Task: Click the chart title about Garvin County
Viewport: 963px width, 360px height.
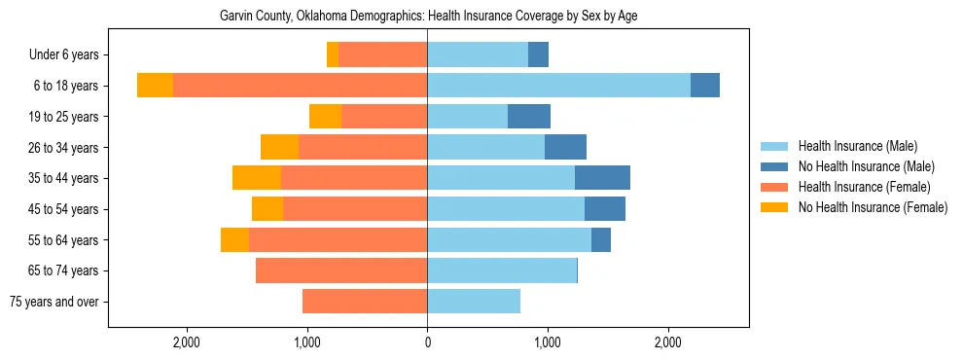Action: click(428, 17)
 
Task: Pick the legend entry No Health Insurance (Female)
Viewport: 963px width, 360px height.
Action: click(873, 207)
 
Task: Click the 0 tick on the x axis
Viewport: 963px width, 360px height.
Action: click(427, 342)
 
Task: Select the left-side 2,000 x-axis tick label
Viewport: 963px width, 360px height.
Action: click(186, 342)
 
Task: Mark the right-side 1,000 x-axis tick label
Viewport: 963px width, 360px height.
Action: click(548, 342)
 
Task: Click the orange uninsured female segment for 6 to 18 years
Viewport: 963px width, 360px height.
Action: click(155, 86)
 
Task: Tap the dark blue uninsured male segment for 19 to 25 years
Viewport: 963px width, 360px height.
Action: click(529, 117)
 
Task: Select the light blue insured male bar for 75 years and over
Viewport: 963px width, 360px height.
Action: click(474, 302)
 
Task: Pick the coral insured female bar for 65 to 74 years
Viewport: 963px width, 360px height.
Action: click(341, 270)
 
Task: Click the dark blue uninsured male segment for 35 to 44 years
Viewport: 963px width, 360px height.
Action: click(602, 178)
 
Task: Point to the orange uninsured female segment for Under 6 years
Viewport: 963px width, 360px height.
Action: click(333, 55)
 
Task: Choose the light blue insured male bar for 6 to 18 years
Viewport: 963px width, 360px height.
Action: click(558, 86)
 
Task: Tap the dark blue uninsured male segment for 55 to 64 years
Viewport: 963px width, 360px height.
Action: click(601, 239)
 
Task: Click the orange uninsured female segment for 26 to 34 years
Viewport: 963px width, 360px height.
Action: click(279, 147)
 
